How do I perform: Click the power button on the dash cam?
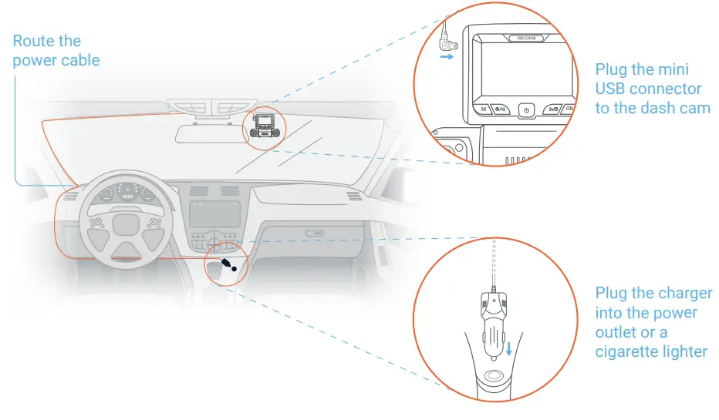[x=526, y=110]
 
